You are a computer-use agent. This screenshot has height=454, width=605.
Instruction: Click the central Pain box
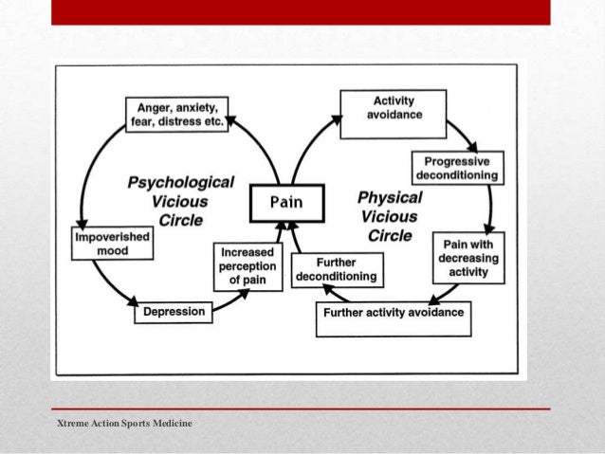coord(286,201)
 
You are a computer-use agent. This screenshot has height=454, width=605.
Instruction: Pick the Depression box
coord(174,311)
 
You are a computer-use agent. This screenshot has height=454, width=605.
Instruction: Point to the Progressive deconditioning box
coord(456,168)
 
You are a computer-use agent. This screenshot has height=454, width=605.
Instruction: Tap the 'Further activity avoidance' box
coord(394,312)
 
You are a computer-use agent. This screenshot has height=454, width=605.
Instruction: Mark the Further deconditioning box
coord(336,269)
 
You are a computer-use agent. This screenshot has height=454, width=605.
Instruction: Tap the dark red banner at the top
coord(301,11)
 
